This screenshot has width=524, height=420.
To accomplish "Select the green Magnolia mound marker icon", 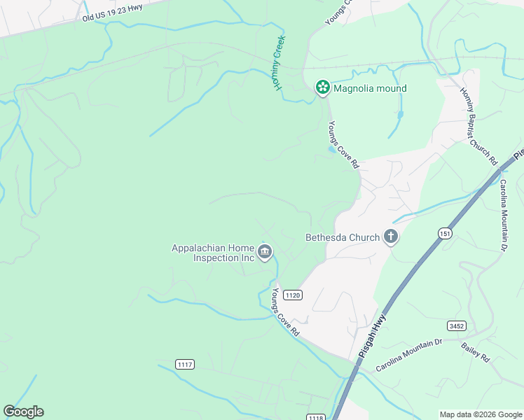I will [322, 87].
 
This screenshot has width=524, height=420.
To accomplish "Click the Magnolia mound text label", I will [370, 88].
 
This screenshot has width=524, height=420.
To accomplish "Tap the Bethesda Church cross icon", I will [390, 237].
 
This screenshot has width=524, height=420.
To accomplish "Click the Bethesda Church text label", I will [343, 237].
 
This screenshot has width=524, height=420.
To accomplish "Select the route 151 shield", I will [445, 232].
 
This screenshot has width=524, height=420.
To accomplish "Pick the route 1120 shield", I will [293, 295].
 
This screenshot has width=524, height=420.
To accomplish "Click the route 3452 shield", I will [456, 325].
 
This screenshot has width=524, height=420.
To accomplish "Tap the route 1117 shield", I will [185, 365].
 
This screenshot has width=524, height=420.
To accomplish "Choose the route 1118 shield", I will [315, 417].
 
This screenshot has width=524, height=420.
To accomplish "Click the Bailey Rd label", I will [474, 351].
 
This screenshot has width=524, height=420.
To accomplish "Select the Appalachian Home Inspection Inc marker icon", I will [265, 252].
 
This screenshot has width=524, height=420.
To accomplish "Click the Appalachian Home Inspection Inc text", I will [214, 253].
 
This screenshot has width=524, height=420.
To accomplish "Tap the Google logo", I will [23, 412].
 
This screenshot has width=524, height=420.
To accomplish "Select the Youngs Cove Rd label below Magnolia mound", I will [344, 145].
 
